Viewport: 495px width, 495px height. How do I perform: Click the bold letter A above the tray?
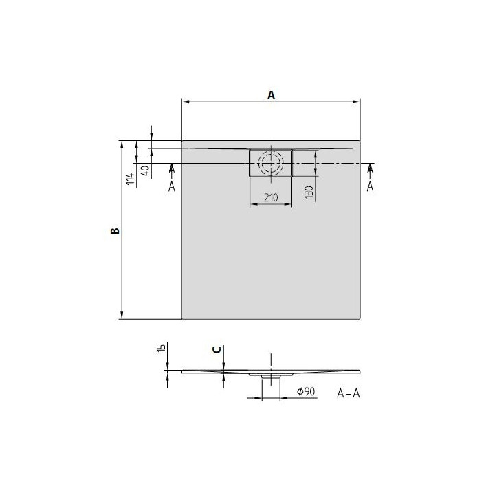(271, 96)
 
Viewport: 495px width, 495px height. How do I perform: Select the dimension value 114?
(129, 180)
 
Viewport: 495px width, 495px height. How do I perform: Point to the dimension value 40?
(145, 170)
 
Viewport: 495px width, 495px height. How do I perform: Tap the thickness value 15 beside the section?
(160, 349)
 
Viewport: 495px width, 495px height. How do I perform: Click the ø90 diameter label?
(305, 391)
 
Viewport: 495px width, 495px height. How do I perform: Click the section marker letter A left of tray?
(171, 186)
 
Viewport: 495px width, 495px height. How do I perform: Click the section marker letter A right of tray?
(370, 186)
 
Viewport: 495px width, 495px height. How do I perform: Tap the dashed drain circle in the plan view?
(271, 163)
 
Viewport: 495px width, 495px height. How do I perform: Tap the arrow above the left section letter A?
(171, 168)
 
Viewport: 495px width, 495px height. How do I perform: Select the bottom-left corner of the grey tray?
(182, 319)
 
